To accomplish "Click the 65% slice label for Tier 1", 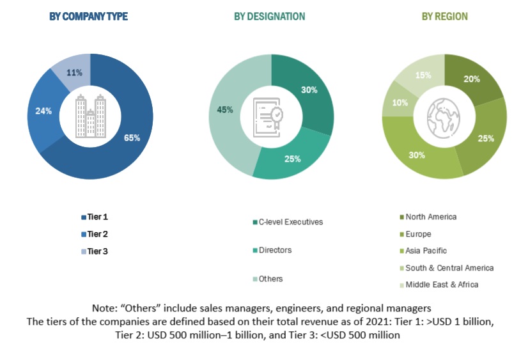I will (132, 137).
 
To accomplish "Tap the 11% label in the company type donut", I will (75, 73).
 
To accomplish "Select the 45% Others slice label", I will (224, 110).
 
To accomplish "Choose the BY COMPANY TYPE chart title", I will (89, 17).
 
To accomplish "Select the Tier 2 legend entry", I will (97, 234).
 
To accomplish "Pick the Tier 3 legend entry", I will (97, 251).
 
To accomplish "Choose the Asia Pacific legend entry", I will (426, 251).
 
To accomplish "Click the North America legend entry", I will (431, 217).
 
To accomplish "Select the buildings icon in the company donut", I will (90, 116).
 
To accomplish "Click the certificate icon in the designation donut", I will (271, 116).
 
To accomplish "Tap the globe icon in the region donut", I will (445, 116).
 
